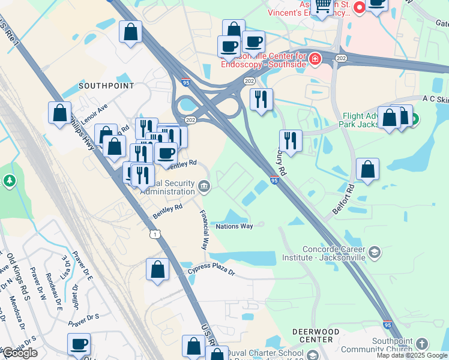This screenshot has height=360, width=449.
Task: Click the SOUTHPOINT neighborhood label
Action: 106,86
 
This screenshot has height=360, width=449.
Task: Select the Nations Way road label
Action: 234,226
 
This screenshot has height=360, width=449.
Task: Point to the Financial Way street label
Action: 204,229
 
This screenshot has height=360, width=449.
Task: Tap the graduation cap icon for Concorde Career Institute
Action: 375,251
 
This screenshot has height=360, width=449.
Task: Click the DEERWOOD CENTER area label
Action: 312,335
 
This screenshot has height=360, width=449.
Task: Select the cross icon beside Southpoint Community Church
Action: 422,344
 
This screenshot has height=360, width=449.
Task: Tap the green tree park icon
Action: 9,180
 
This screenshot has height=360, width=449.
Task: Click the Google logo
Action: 20,353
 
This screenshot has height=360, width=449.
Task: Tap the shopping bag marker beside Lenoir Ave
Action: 60,112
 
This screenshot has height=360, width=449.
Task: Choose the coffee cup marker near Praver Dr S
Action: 79,344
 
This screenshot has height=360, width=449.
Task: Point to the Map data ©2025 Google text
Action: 412,355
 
